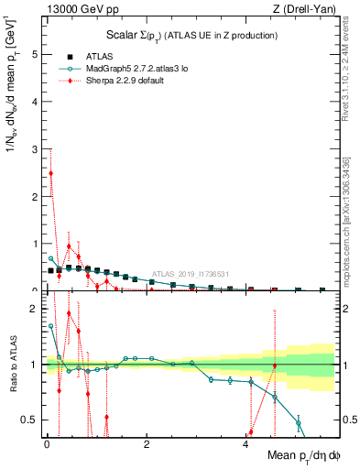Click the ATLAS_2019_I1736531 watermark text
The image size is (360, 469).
[190, 273]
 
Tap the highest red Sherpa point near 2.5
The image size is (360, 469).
[50, 173]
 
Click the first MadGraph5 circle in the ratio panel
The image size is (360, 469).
[50, 325]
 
